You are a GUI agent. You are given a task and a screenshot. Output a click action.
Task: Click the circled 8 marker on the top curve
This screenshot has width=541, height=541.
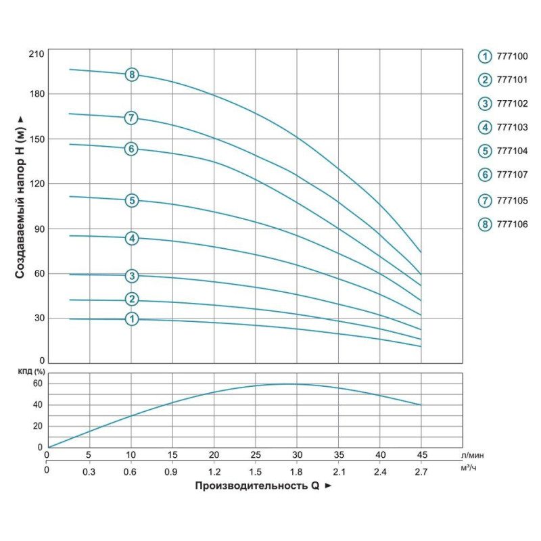131,74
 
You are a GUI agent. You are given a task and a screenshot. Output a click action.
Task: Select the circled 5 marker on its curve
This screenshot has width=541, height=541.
131,200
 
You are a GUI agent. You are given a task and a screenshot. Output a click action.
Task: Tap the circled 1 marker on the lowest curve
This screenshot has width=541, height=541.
131,319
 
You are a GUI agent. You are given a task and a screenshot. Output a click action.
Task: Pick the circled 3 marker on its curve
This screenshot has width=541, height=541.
131,275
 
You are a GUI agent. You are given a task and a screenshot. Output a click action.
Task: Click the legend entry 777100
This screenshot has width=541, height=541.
513,56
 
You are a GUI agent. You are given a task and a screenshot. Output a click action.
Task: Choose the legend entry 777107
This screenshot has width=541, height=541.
513,174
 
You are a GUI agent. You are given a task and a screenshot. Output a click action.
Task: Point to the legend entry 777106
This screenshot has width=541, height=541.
513,225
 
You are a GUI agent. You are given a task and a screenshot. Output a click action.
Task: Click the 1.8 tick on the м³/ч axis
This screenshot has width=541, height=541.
297,469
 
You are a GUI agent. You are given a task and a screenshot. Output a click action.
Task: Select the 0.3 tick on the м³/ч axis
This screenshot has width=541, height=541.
89,469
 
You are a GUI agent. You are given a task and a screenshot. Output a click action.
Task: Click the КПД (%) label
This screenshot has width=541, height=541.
31,371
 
